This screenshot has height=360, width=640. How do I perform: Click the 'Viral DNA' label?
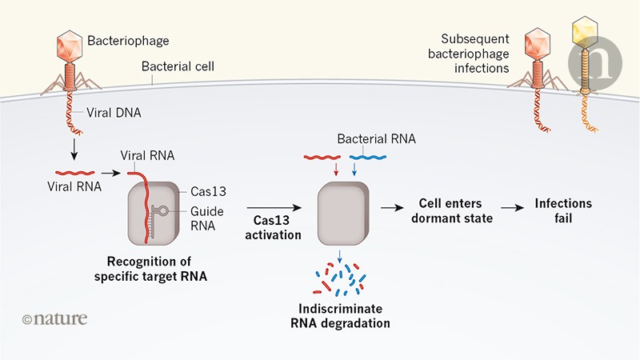click(115, 114)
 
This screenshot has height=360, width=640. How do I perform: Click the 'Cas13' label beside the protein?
click(207, 191)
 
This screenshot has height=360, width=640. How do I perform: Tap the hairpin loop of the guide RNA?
click(163, 211)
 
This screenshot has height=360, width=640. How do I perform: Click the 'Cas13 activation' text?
click(274, 228)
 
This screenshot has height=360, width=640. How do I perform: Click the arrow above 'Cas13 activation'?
click(274, 206)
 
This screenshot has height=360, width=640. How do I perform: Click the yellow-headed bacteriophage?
click(582, 36)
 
